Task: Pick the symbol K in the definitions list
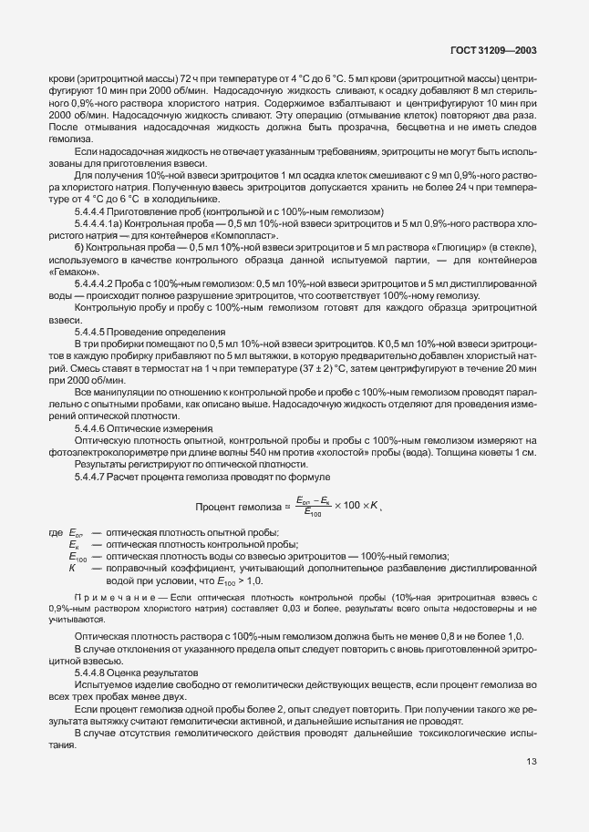[x=71, y=568]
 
